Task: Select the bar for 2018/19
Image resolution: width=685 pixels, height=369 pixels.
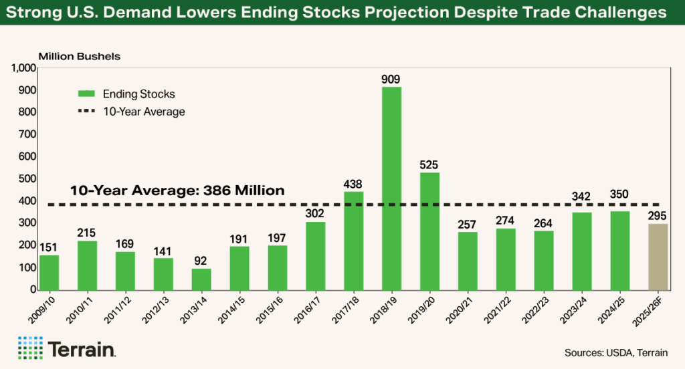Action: coord(391,189)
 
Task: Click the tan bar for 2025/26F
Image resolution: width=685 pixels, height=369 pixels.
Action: coord(658,257)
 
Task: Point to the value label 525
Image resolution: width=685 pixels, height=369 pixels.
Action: coord(429,164)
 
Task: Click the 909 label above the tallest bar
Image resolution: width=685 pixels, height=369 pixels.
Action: coord(391,79)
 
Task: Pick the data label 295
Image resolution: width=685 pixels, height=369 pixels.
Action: coord(658,215)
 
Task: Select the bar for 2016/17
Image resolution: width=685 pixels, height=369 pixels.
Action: coord(315,256)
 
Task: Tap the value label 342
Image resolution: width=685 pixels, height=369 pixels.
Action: coord(581,197)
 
